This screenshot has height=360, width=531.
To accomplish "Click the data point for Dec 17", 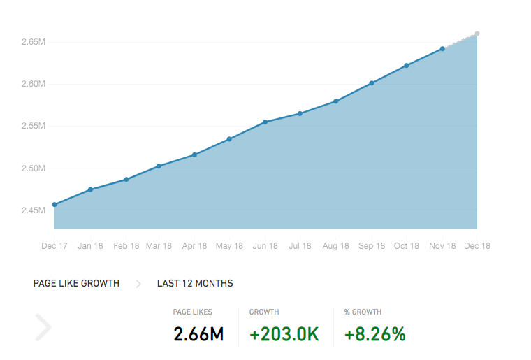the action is pos(54,205).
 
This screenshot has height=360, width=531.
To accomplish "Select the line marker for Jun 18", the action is pos(265,122).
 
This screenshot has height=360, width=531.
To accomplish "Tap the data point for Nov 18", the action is pos(442,49).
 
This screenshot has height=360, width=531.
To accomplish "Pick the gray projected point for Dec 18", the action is pos(477,34).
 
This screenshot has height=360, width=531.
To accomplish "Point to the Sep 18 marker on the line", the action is pos(372,83).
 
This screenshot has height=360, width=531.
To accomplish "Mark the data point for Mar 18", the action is pos(159,166).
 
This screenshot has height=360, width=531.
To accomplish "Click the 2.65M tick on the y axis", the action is pos(34,42).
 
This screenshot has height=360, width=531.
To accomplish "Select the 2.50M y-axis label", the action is pos(34,168).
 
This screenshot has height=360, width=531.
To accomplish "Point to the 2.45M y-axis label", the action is pos(34,210).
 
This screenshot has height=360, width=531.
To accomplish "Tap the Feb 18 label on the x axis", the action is pos(126,246).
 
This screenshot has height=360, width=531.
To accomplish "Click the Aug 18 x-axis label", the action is pos(335,246).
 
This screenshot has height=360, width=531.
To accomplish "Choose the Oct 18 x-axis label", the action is pos(407,246).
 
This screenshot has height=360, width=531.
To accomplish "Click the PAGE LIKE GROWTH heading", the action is pos(76,283).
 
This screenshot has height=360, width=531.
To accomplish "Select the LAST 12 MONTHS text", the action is pos(195,283).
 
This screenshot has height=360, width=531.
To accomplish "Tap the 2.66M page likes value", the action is pos(198,334).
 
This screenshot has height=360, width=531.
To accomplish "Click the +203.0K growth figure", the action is pos(284,334).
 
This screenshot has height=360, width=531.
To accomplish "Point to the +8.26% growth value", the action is pos(375,334).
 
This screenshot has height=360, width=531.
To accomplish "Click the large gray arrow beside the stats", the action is pos(43,327).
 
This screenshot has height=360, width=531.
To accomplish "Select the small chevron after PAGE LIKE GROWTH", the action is pos(138,284).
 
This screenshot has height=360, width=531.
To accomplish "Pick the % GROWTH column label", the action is pos(363,312).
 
